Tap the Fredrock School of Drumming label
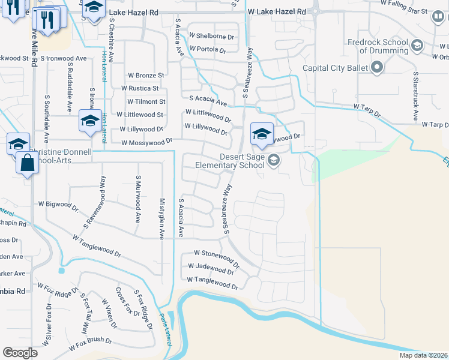pos(377,46)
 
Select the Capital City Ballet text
pos(336,68)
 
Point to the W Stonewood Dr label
pos(217,256)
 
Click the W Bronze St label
pos(146,76)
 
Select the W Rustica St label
pos(146,88)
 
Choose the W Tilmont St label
pos(146,101)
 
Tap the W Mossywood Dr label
pos(146,143)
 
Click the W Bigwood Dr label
pos(58,207)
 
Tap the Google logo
pos(20,353)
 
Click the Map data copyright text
pos(423,355)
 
